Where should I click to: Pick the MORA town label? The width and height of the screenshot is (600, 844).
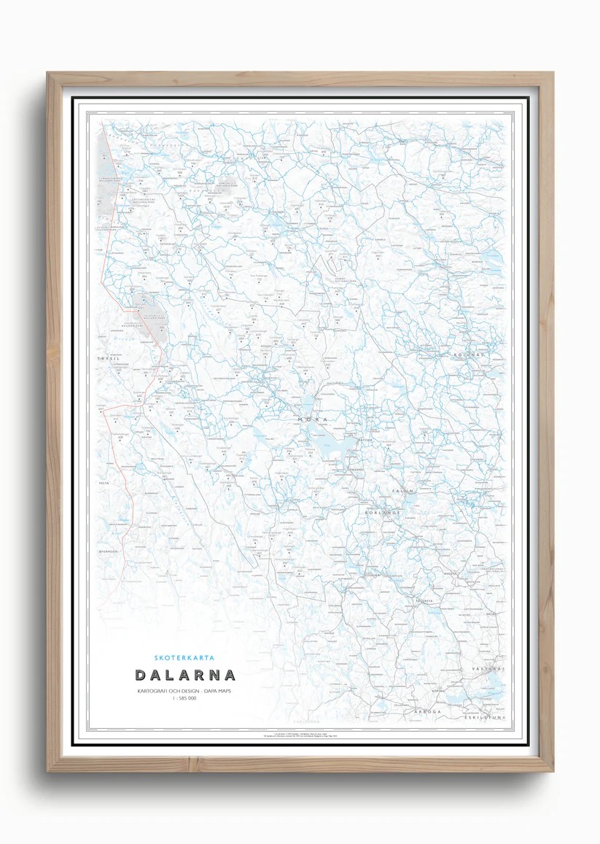(312, 420)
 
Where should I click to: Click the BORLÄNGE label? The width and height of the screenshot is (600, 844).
(383, 513)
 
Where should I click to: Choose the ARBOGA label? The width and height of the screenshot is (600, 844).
(428, 710)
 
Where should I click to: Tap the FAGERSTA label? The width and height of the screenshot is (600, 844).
(424, 600)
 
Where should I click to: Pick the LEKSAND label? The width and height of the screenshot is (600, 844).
(355, 469)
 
